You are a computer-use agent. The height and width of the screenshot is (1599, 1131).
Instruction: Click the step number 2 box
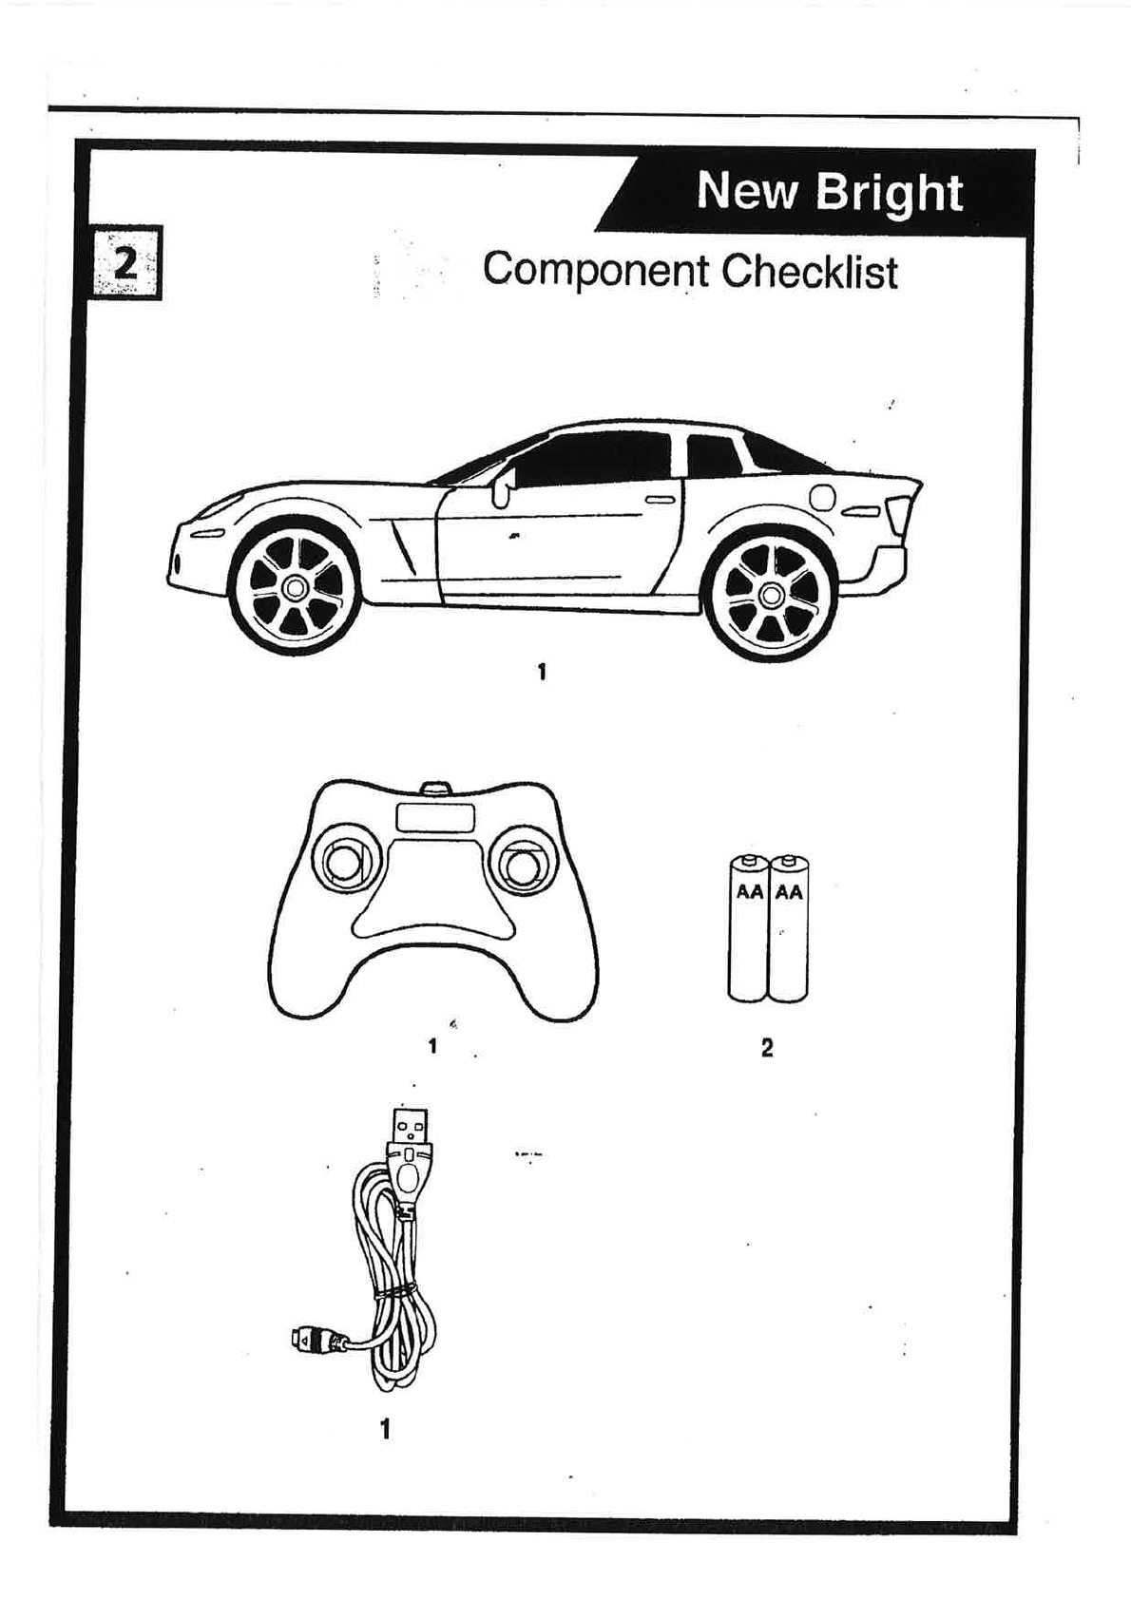click(x=125, y=262)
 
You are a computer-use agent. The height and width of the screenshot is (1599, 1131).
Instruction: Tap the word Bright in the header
click(x=889, y=192)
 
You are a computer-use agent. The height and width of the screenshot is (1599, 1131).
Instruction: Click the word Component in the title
click(x=595, y=270)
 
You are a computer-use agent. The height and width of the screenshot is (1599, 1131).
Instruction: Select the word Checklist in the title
click(x=809, y=272)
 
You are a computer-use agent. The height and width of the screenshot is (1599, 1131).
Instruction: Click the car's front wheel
click(x=296, y=588)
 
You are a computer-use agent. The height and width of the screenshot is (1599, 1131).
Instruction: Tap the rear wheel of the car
click(x=771, y=596)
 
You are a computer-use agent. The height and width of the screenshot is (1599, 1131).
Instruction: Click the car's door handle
click(x=660, y=499)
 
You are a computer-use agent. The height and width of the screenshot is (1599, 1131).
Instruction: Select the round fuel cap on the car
click(x=821, y=497)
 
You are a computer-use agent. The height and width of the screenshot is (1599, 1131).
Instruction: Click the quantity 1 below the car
click(x=542, y=673)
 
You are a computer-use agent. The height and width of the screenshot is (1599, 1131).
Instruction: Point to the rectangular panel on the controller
click(x=435, y=818)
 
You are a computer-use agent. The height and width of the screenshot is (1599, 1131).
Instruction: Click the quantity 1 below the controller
click(x=432, y=1046)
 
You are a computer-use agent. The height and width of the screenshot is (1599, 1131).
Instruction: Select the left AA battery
click(x=749, y=929)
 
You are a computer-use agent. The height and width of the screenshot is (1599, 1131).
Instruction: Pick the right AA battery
click(x=789, y=929)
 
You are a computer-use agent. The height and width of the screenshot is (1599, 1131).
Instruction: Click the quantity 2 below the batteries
click(x=767, y=1048)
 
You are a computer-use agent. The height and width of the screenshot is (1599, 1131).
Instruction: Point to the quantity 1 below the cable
click(x=385, y=1429)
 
